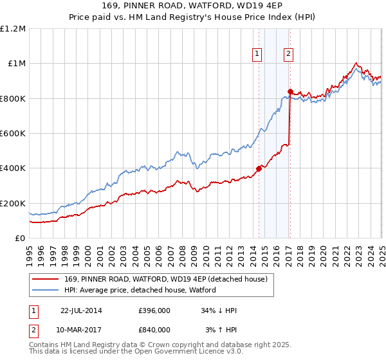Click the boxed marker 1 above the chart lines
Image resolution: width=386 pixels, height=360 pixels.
pos(257,54)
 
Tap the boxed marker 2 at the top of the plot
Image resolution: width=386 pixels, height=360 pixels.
pos(288,54)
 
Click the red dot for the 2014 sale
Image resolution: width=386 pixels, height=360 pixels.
pos(259,169)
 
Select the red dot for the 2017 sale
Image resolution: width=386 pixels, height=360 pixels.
pos(290,91)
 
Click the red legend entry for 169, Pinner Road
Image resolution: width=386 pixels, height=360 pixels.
pos(161,278)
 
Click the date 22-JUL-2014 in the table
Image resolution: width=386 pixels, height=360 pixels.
pos(81,310)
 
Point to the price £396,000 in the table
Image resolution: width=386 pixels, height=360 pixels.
pos(154,310)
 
